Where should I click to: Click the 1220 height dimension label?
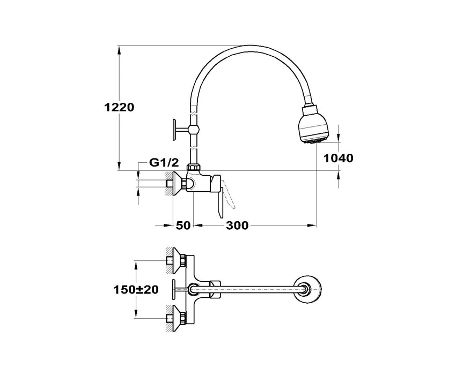click(119, 108)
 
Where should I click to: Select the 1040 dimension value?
click(338, 158)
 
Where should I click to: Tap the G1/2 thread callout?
click(164, 163)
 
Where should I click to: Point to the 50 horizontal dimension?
click(183, 225)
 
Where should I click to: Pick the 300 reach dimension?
click(237, 225)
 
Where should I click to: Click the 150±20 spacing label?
click(136, 289)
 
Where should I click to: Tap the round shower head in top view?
click(308, 289)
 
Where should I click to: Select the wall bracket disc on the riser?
click(174, 129)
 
